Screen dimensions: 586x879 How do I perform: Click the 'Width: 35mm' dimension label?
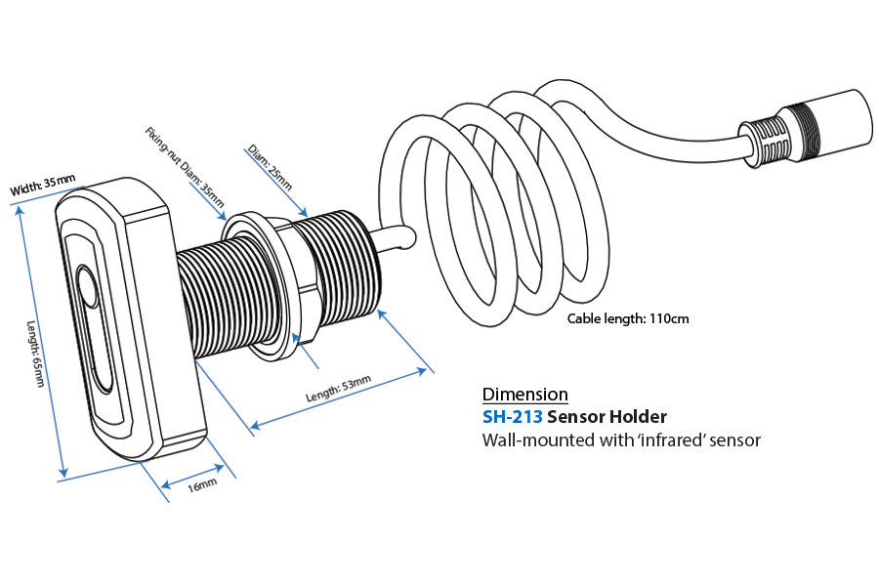pyautogui.click(x=42, y=184)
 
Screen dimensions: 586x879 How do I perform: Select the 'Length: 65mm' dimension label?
pyautogui.click(x=38, y=353)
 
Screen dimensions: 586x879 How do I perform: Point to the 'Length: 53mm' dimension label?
pyautogui.click(x=338, y=390)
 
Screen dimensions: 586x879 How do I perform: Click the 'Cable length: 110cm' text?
pyautogui.click(x=628, y=318)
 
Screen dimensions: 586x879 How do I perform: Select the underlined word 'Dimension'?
pyautogui.click(x=524, y=395)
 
